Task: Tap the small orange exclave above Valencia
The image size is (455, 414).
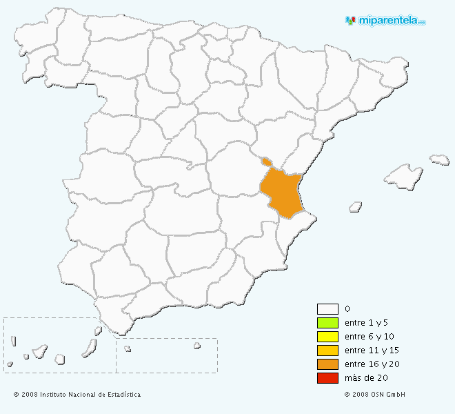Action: [265, 162]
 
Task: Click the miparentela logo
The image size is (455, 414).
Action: [385, 21]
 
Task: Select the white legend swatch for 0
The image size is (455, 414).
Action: [327, 309]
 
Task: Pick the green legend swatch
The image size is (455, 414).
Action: [327, 323]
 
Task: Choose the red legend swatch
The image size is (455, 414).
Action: [327, 378]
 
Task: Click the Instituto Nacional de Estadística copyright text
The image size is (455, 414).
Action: [77, 395]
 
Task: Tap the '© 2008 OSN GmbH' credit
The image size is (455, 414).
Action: [375, 395]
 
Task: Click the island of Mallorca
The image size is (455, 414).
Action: [403, 177]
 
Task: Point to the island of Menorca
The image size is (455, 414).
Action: [440, 159]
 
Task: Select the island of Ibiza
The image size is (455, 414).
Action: [356, 206]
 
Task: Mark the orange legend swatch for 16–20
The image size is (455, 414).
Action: [327, 364]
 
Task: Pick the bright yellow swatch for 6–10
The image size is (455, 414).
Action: [327, 337]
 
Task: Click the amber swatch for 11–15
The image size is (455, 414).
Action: [327, 351]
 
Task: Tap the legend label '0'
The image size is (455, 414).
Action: [347, 309]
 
